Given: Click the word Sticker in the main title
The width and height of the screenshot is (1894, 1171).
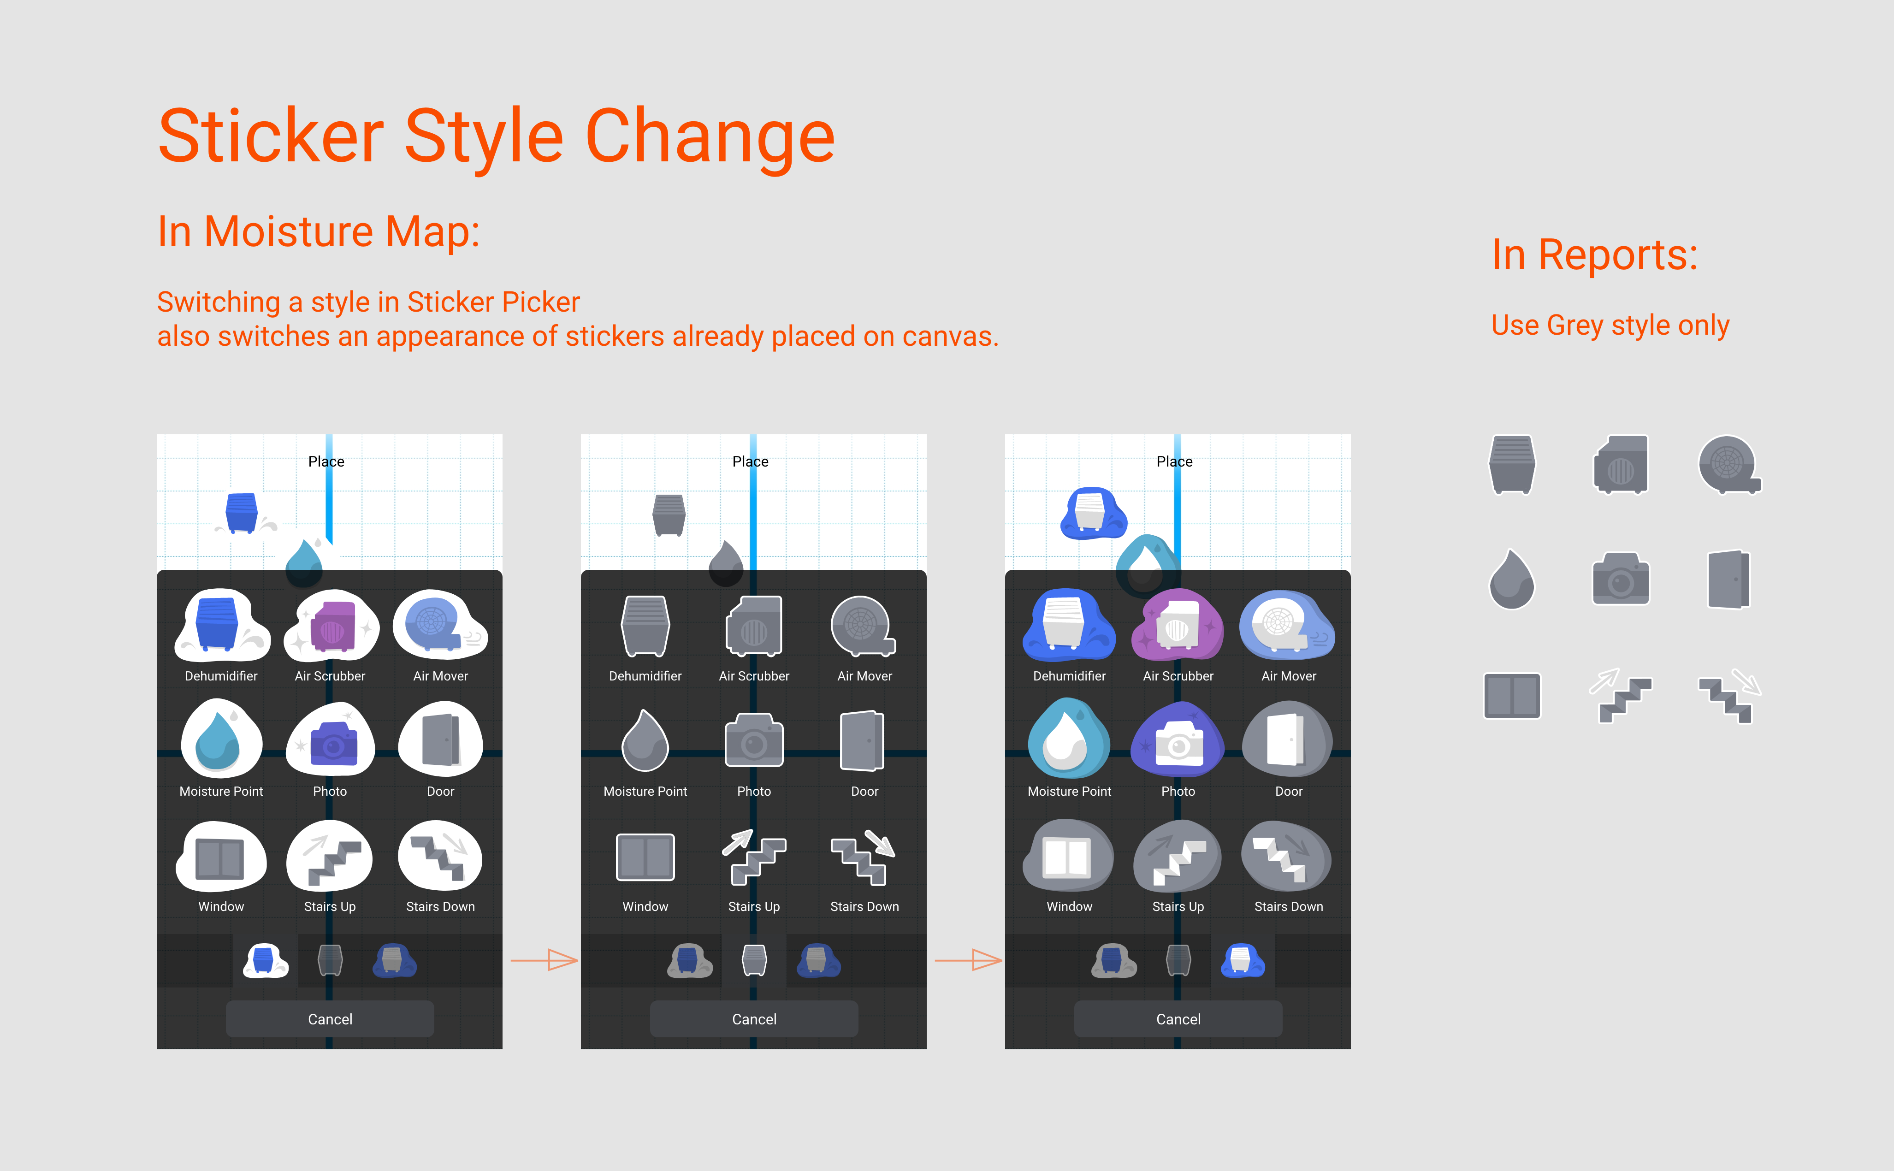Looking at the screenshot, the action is point(271,136).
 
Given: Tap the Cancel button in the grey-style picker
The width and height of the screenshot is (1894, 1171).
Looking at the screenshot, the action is point(753,1018).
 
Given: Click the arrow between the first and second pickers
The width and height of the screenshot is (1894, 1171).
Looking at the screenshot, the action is point(545,960).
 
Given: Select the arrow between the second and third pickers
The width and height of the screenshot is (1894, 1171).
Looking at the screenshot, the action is point(969,960).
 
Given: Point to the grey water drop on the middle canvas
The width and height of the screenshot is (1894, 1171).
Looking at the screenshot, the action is point(726,563).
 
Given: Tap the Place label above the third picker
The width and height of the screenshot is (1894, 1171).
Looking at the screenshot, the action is point(1174,461).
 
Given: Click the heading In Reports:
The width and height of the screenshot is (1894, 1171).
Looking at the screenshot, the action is point(1594,255).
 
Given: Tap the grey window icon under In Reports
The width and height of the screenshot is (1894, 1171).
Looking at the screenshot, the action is point(1511,696).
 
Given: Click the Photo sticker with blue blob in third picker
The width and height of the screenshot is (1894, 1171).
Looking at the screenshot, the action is point(1178,741).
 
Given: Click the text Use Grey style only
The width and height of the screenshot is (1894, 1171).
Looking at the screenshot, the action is point(1610,325).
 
